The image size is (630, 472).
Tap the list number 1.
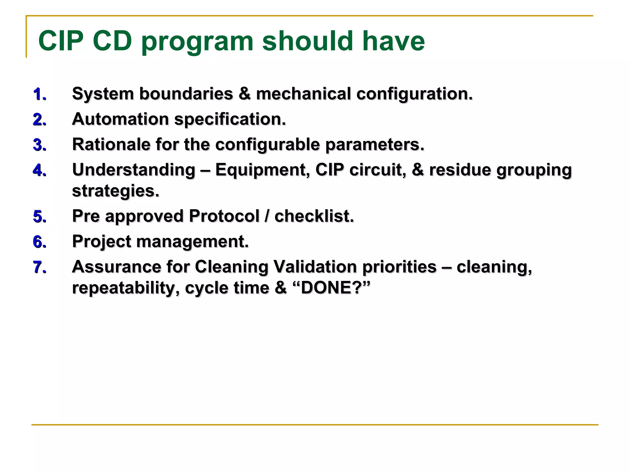(x=39, y=94)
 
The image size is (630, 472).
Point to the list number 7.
(x=39, y=267)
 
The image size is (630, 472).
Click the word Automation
(x=120, y=119)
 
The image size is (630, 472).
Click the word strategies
(x=115, y=191)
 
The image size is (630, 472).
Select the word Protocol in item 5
(x=224, y=216)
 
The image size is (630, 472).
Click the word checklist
(x=314, y=216)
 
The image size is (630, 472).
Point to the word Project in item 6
(x=102, y=242)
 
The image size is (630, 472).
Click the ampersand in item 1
(x=245, y=93)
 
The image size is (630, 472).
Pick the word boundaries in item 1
(x=186, y=93)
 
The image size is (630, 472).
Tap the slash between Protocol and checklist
(x=267, y=216)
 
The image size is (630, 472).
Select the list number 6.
(x=39, y=242)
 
